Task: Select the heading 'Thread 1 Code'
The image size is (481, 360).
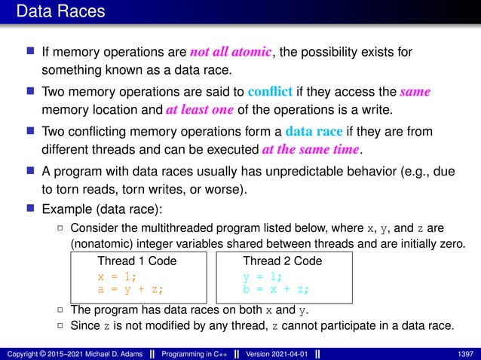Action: (137, 261)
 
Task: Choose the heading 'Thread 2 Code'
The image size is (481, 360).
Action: (282, 261)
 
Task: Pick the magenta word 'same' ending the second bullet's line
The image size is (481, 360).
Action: (415, 93)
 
